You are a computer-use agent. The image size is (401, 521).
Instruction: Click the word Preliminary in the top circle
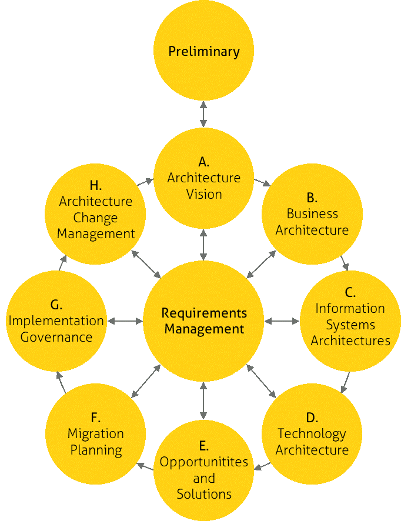coord(204,52)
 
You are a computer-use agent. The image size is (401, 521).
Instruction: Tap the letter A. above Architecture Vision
coord(204,161)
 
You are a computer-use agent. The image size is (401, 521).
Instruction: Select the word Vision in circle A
coord(204,194)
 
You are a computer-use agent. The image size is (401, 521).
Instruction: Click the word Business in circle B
coord(312,213)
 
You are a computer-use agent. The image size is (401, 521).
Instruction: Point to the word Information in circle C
coord(350,308)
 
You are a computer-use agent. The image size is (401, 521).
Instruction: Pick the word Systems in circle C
coord(350,325)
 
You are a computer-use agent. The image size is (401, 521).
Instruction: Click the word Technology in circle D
coord(312,434)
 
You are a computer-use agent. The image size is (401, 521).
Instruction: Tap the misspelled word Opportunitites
coord(204,462)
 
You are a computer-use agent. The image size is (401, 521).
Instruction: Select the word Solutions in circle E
coord(204,493)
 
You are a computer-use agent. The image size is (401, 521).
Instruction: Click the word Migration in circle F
coord(96,434)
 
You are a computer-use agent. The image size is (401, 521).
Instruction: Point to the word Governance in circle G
coord(56,338)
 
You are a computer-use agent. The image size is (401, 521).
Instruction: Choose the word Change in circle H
coord(96,218)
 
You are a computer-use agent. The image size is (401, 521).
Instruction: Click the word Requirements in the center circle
coord(204,313)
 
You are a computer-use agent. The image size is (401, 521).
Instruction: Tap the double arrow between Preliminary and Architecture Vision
coord(203,113)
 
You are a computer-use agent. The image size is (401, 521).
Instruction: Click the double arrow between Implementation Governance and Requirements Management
coord(125,321)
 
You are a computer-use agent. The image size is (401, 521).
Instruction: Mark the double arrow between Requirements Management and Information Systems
coord(282,321)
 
